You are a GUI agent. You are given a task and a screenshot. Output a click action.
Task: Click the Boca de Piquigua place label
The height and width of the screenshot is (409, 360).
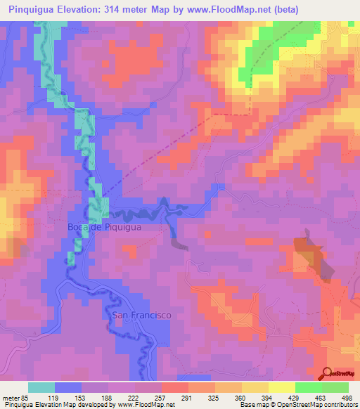coord(104,227)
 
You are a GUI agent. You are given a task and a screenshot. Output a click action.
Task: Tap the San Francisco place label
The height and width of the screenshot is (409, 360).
coord(142,316)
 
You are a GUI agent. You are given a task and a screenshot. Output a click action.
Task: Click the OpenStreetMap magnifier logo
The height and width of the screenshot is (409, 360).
coord(328,373)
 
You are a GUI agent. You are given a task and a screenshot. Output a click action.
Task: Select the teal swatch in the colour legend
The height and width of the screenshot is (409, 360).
coord(41,387)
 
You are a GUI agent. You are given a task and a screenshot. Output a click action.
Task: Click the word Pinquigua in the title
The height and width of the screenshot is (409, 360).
coord(34,10)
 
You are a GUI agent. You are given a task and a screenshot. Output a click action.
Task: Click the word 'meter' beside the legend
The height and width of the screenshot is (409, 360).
coord(10,397)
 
